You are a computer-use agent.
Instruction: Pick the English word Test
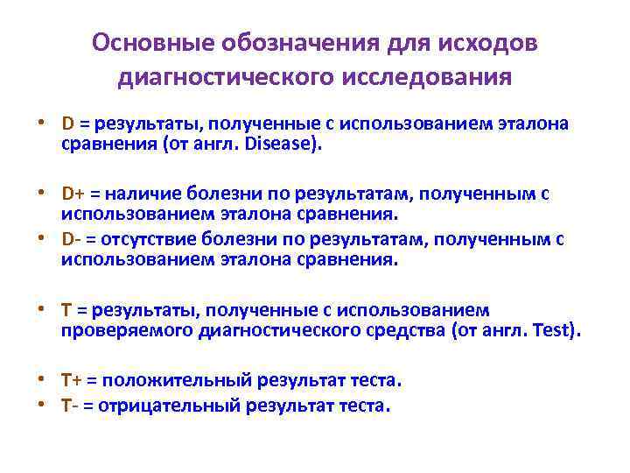556,330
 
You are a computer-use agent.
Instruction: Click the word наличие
142,193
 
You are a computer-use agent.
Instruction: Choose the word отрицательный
174,406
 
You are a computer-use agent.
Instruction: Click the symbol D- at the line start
70,238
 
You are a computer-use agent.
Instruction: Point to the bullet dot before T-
41,406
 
